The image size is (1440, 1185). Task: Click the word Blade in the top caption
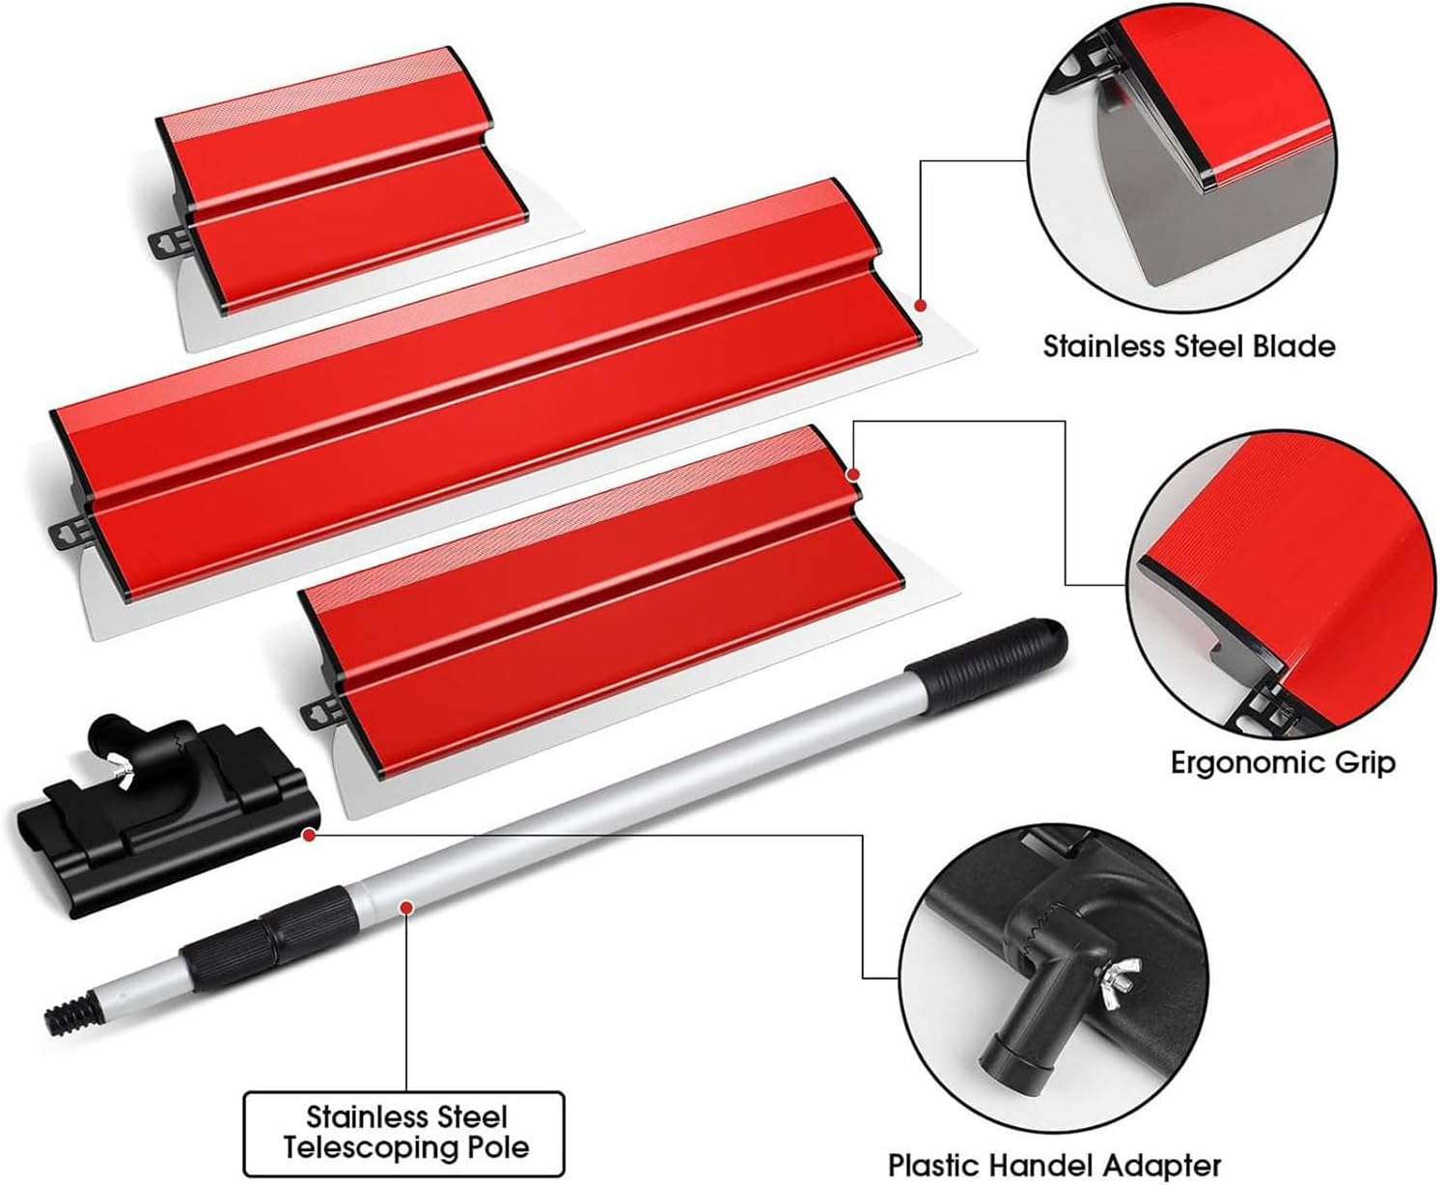tap(1293, 346)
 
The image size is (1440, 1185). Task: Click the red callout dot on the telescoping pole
tap(407, 907)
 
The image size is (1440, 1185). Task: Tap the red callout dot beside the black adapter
tap(309, 834)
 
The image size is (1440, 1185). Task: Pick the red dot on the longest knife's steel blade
tap(921, 305)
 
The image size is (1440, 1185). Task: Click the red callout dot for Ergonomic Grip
tap(853, 474)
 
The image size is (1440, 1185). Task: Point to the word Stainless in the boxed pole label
tap(406, 1116)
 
